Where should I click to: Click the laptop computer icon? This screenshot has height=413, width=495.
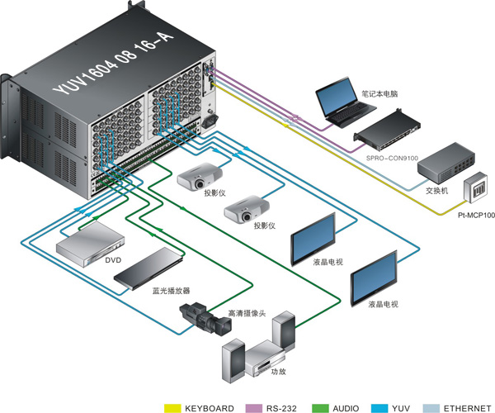[x=345, y=102]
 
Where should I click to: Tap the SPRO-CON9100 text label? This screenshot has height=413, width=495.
[x=392, y=158]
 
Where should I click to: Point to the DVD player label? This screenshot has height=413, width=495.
[x=113, y=260]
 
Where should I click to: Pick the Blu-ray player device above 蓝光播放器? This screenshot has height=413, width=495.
[x=148, y=268]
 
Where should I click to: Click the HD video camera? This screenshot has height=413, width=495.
[x=205, y=319]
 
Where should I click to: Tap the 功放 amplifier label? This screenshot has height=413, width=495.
[x=279, y=372]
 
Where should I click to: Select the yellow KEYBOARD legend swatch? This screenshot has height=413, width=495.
[x=172, y=408]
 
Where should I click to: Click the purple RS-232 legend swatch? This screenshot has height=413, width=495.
[x=253, y=408]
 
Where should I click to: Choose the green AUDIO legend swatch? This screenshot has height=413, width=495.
[x=320, y=408]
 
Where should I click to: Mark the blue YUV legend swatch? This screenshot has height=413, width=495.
[x=379, y=408]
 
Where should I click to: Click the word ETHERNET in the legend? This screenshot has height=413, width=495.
[x=467, y=408]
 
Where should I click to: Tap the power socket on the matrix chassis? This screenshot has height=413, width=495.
[x=210, y=121]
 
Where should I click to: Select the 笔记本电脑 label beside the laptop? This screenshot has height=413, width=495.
[x=379, y=94]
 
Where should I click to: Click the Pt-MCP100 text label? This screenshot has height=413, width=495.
[x=476, y=216]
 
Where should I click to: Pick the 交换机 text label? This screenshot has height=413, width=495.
[x=436, y=191]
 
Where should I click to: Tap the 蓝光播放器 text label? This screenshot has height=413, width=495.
[x=171, y=291]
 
